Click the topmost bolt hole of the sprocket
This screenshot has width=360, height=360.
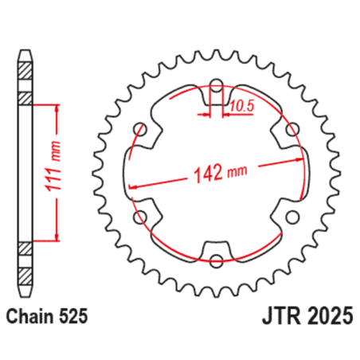(x=217, y=82)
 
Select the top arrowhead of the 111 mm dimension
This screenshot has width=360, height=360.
(x=57, y=110)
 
